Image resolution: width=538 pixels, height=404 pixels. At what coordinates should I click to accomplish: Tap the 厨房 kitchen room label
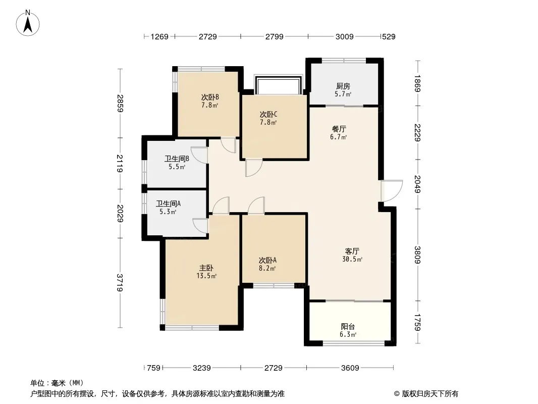pyautogui.click(x=343, y=86)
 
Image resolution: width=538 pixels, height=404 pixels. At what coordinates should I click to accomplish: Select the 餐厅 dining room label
pyautogui.click(x=338, y=129)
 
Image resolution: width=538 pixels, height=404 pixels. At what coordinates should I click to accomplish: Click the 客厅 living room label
pyautogui.click(x=352, y=251)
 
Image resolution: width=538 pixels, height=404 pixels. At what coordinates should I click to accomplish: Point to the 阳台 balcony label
pyautogui.click(x=348, y=327)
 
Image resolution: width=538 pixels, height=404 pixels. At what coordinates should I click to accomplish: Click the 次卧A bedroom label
pyautogui.click(x=267, y=261)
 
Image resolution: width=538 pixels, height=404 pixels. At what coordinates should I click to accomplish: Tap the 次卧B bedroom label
pyautogui.click(x=210, y=97)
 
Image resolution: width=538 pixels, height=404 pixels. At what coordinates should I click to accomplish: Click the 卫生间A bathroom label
pyautogui.click(x=168, y=204)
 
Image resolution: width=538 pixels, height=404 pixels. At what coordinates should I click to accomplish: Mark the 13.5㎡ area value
pyautogui.click(x=207, y=276)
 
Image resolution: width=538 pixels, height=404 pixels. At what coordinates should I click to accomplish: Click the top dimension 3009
pyautogui.click(x=345, y=36)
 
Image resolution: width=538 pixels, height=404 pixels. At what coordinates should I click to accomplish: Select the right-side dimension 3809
pyautogui.click(x=417, y=255)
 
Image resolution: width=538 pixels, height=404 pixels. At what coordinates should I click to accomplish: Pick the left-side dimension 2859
pyautogui.click(x=120, y=104)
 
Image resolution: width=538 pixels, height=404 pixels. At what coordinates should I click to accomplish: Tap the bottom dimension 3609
pyautogui.click(x=349, y=368)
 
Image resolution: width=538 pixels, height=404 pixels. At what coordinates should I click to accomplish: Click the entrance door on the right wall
pyautogui.click(x=391, y=191)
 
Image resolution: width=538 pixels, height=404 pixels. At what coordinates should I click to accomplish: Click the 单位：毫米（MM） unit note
pyautogui.click(x=57, y=383)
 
